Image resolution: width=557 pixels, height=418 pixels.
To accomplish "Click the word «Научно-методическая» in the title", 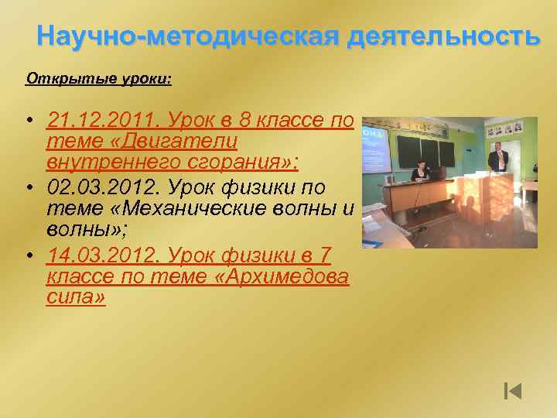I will (x=189, y=36).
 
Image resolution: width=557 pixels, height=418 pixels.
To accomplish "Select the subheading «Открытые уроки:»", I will (x=99, y=79).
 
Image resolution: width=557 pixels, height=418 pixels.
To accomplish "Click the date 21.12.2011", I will (x=101, y=121).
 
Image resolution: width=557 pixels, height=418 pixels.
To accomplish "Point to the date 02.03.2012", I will (x=101, y=188).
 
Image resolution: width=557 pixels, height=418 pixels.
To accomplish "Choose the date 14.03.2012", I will (x=101, y=255).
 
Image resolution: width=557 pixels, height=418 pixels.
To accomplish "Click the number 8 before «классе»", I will (x=248, y=121).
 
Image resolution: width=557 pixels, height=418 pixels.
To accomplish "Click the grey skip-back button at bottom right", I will (x=513, y=391).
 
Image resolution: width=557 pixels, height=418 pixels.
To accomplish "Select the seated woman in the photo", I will (x=422, y=172).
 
